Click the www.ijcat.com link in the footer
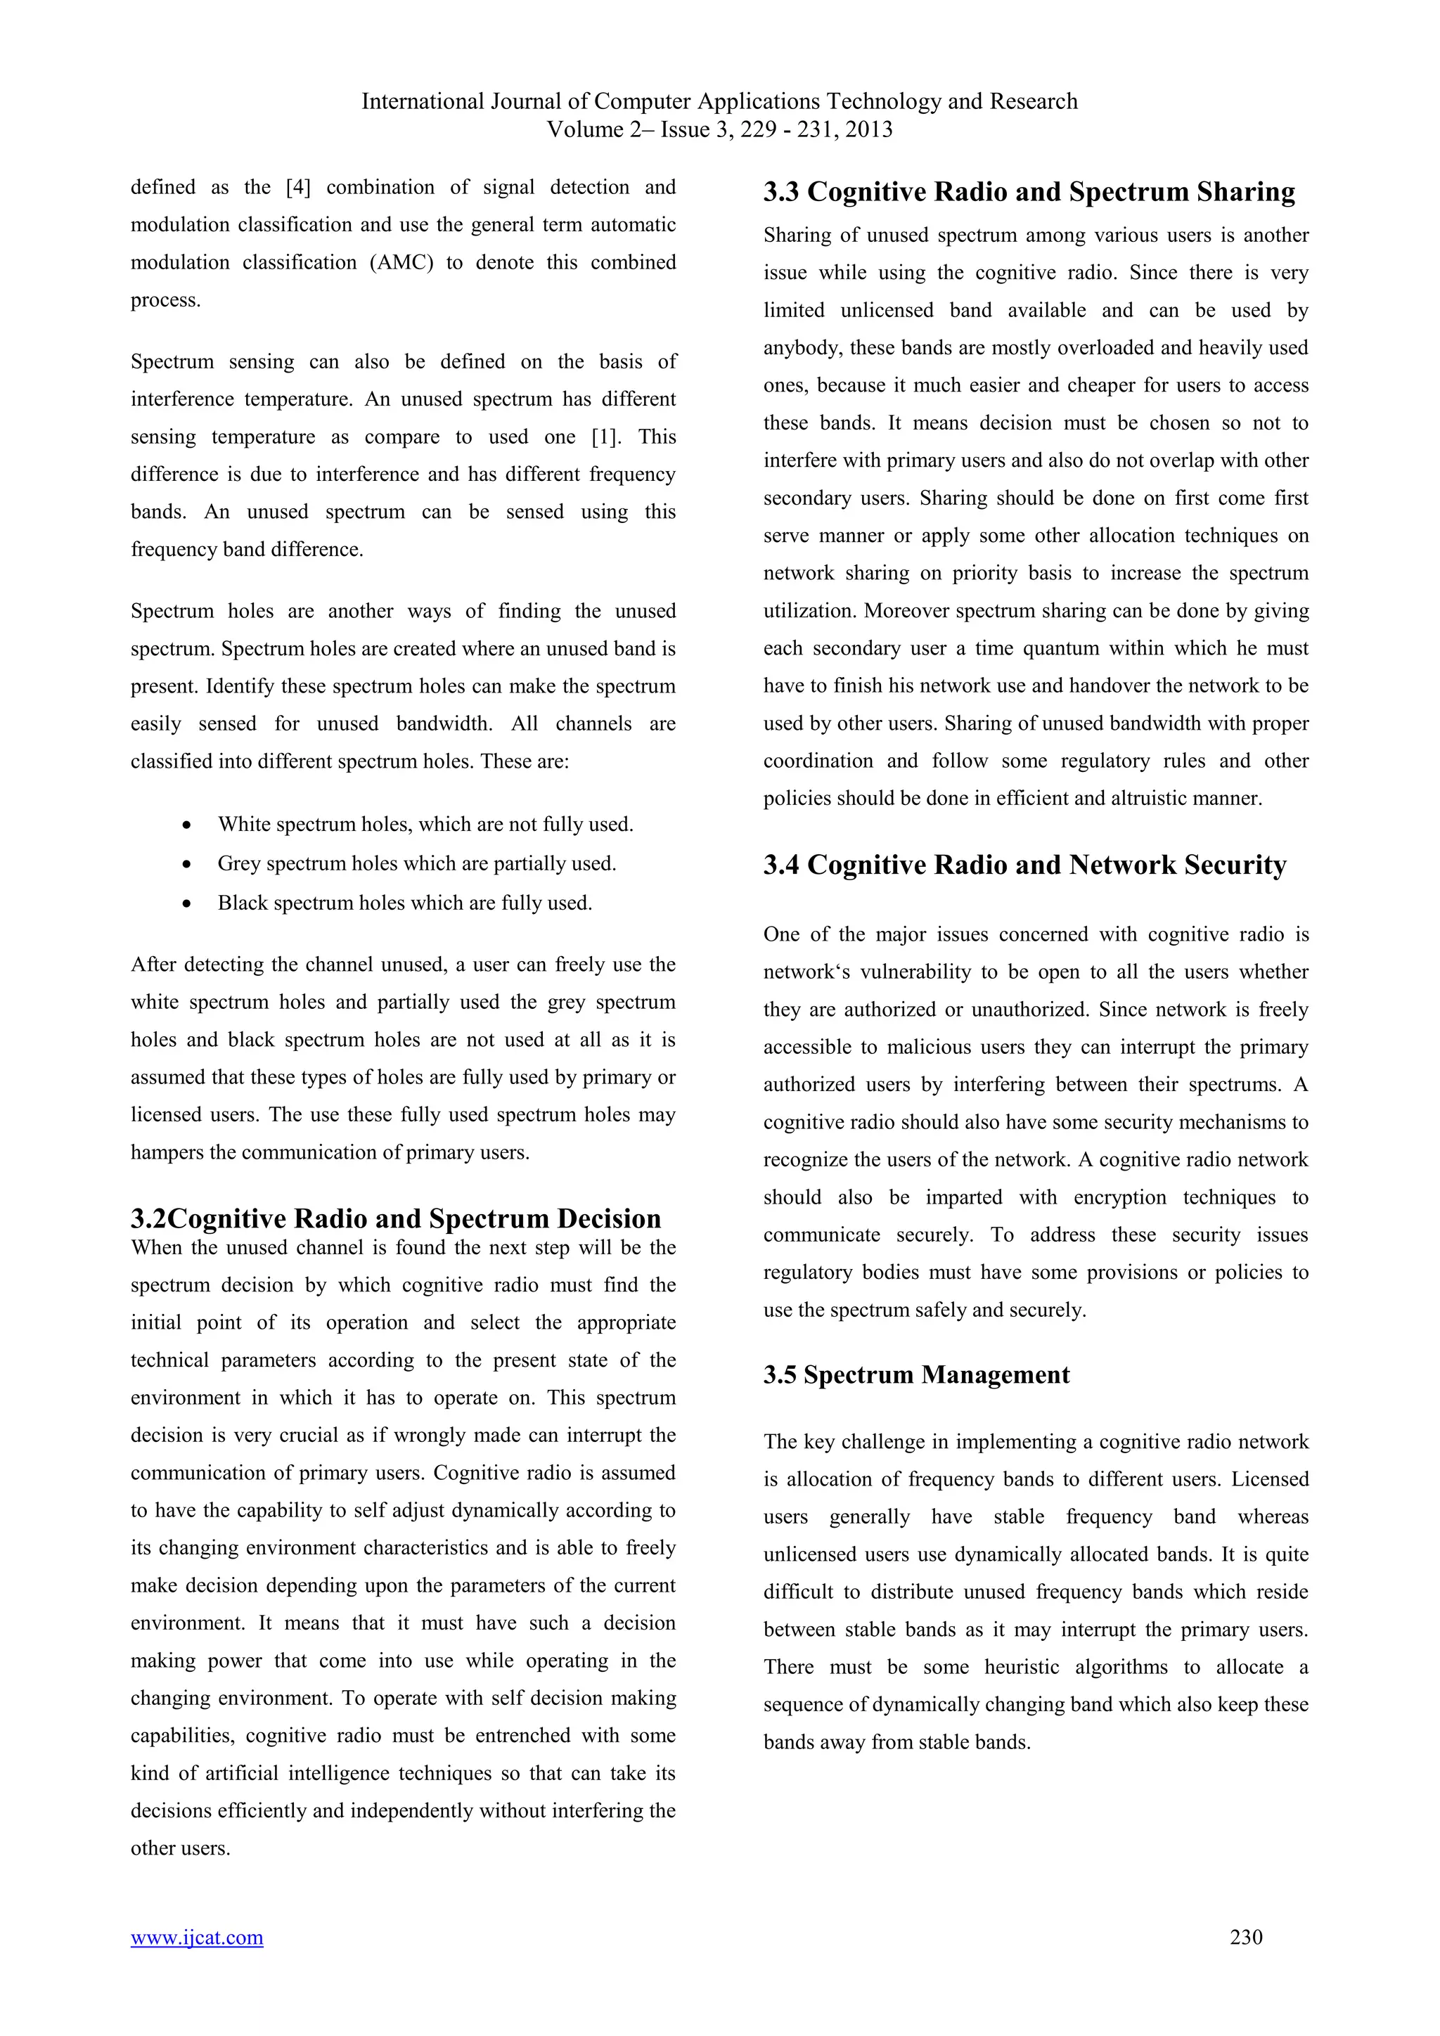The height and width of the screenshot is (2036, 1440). point(197,1938)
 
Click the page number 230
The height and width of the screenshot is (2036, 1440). point(1246,1937)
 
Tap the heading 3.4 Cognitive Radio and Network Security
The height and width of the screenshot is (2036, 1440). point(1024,865)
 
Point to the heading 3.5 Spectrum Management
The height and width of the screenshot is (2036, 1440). point(916,1374)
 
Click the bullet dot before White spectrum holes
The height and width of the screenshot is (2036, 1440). point(186,825)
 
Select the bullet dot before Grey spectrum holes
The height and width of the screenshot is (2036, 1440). point(186,865)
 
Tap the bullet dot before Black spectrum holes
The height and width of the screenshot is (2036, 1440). point(186,903)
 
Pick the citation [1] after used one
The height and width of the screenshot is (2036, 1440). point(607,437)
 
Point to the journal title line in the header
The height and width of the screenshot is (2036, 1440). point(719,101)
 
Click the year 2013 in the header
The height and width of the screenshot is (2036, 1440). point(868,129)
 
